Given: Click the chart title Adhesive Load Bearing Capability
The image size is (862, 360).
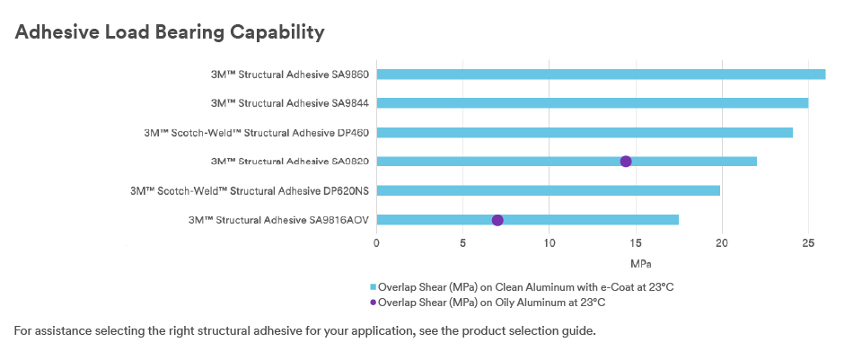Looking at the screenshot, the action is click(170, 32).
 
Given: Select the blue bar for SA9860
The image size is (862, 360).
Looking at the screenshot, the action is click(601, 75).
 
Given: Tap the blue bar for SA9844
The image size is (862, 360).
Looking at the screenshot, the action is click(592, 102).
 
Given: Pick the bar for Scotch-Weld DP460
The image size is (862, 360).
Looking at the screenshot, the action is click(585, 133).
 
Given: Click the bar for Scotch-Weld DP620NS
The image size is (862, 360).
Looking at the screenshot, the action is click(548, 190).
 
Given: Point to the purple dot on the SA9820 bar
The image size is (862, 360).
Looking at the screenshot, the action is click(626, 161).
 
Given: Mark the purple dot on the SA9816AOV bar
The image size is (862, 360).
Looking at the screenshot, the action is click(497, 220).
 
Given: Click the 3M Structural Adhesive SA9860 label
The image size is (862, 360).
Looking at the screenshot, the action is click(290, 75).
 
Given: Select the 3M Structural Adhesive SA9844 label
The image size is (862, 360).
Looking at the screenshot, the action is click(290, 103).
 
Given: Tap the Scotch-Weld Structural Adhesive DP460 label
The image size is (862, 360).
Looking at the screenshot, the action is click(257, 133).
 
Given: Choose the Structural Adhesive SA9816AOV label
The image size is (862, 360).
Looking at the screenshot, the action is click(278, 220).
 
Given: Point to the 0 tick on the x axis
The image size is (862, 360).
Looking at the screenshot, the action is click(376, 243).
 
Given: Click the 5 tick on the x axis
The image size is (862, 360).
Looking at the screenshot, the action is click(463, 243).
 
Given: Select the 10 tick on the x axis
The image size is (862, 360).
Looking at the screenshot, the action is click(549, 243).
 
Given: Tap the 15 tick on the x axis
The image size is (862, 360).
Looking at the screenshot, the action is click(636, 243).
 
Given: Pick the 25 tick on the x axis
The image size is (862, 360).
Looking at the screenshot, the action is click(808, 243).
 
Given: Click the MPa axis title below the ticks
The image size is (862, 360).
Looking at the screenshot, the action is click(640, 264).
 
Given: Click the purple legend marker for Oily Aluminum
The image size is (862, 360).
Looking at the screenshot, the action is click(374, 303).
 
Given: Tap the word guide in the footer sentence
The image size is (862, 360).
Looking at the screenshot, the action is click(582, 331).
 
